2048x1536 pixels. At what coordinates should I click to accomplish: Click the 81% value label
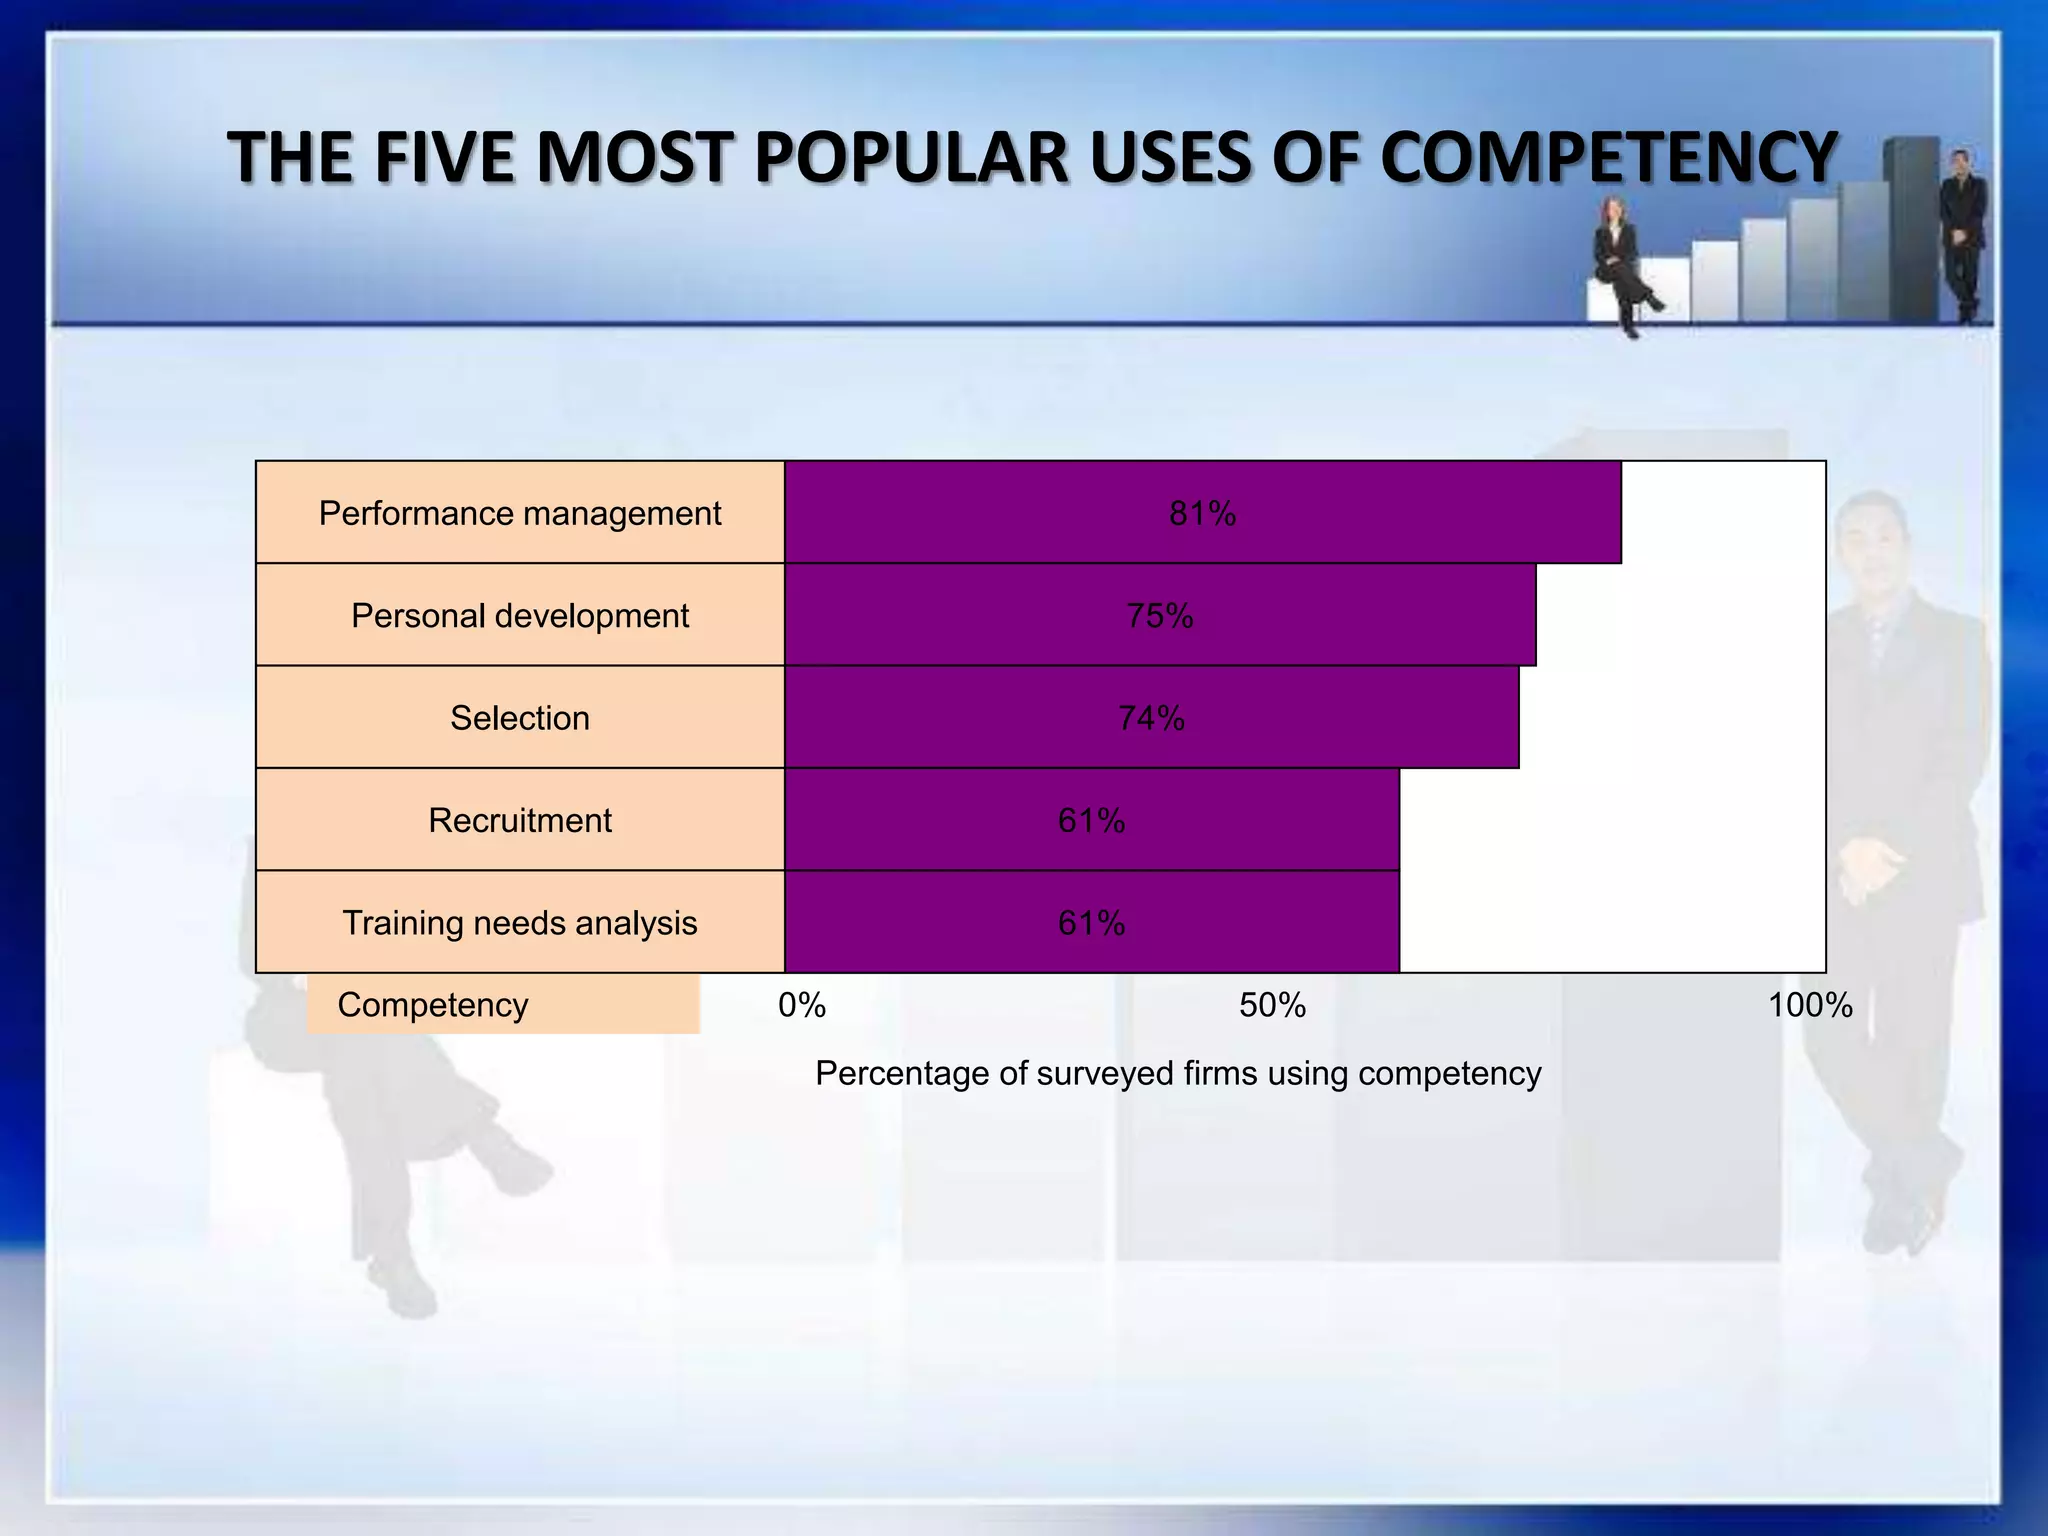coord(1202,514)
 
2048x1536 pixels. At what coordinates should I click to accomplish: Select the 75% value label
coord(1160,616)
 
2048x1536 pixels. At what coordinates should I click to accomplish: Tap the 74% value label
coord(1151,718)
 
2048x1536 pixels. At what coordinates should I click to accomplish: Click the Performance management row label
coord(520,513)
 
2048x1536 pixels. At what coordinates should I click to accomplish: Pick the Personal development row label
coord(520,616)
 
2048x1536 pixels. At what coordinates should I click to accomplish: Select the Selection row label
coord(520,718)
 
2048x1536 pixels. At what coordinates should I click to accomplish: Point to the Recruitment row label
coord(520,820)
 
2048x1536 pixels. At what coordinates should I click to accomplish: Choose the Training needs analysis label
coord(520,922)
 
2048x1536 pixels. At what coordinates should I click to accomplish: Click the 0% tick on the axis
coord(802,1005)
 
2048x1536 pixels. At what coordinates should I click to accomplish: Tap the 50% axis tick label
coord(1272,1005)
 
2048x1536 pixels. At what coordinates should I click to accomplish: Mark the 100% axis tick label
coord(1810,1005)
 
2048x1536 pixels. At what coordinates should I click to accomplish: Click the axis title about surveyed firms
coord(1178,1073)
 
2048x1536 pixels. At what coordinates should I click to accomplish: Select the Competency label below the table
coord(433,1005)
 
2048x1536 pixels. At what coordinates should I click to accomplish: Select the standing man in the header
coord(1963,235)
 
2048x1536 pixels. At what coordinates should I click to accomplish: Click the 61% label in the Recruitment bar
coord(1091,821)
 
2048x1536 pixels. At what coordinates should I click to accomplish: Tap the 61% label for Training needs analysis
coord(1091,923)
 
